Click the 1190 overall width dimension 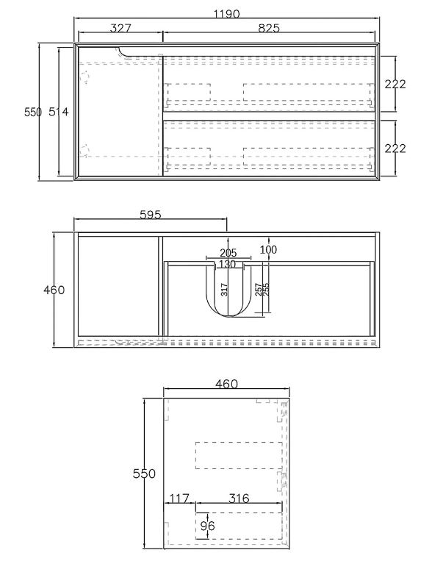[x=228, y=14]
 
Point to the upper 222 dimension [x=395, y=84]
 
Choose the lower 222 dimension [x=395, y=149]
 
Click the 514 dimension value [x=58, y=112]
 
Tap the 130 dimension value [x=228, y=264]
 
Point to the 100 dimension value [x=269, y=251]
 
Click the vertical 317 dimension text [x=225, y=290]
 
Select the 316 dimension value [x=238, y=499]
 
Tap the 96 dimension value [x=208, y=526]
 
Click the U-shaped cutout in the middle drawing [x=232, y=298]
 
